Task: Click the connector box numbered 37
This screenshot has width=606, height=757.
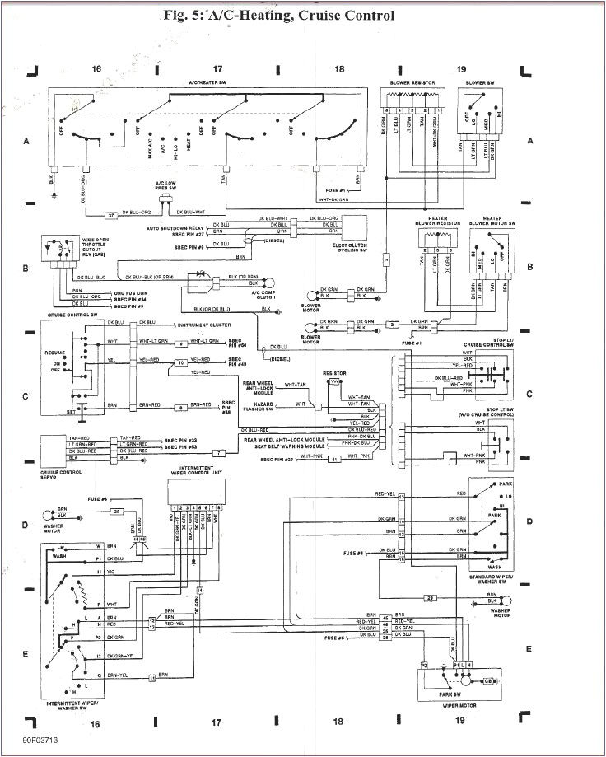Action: pyautogui.click(x=112, y=215)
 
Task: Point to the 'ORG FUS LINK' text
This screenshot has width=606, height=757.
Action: pyautogui.click(x=107, y=292)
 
